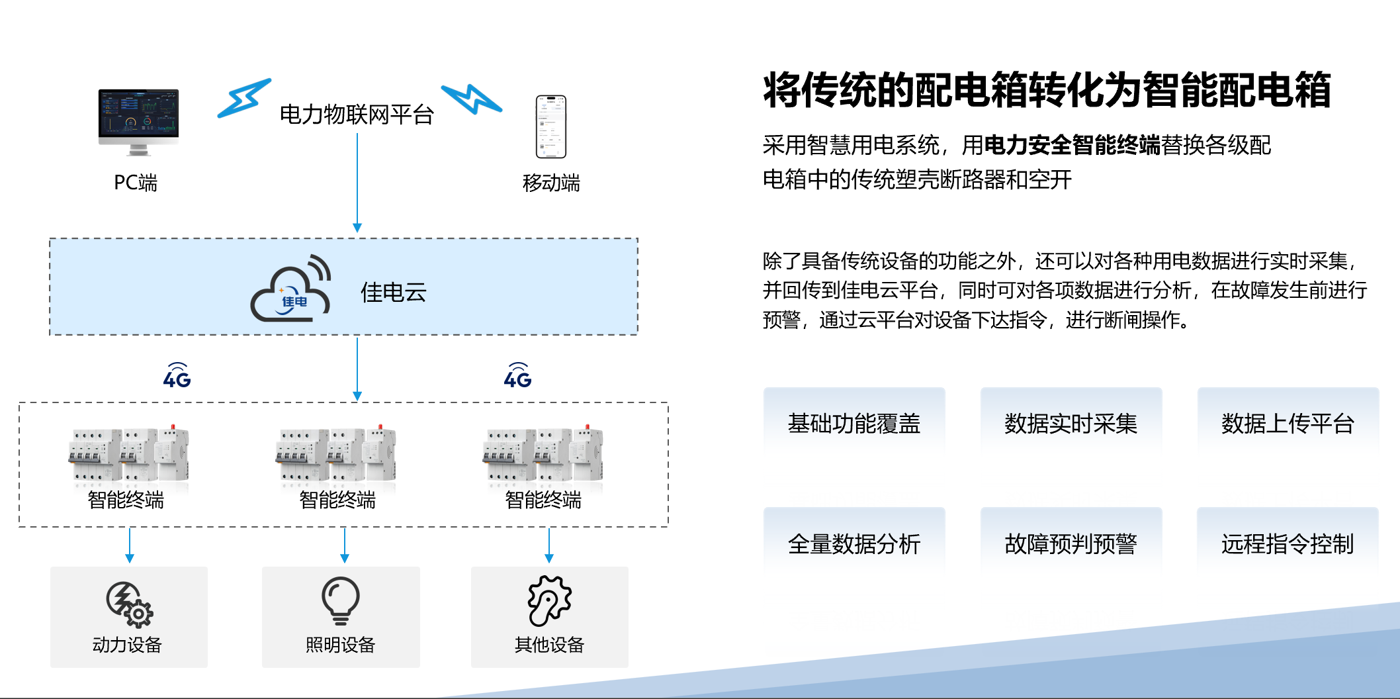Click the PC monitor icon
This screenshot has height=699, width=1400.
click(x=138, y=121)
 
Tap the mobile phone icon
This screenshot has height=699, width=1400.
click(x=551, y=126)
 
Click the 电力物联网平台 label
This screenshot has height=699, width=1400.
click(x=357, y=115)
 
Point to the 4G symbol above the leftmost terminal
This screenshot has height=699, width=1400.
click(x=177, y=376)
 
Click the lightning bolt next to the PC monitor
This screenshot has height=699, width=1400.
click(x=244, y=98)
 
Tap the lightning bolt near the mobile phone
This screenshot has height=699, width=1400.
click(x=472, y=99)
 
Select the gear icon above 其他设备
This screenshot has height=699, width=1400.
click(x=549, y=600)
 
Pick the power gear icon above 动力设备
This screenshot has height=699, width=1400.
click(x=130, y=603)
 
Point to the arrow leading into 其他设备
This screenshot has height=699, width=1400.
click(x=549, y=545)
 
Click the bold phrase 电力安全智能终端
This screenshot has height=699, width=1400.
click(x=1072, y=145)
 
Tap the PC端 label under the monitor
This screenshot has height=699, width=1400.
click(x=136, y=183)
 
